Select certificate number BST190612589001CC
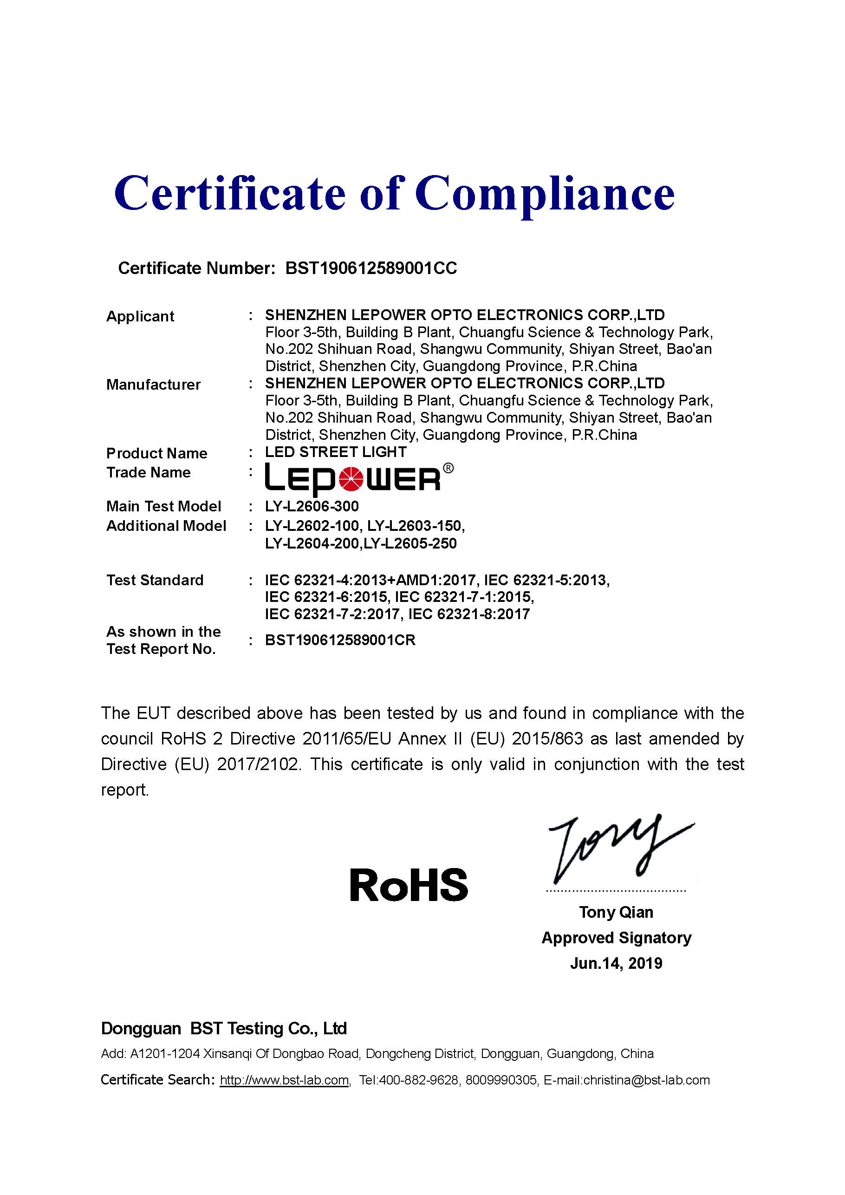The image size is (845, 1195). [371, 268]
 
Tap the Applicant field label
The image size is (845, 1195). [140, 316]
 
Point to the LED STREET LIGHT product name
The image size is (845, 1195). [336, 452]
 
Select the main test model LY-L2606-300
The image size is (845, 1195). [312, 506]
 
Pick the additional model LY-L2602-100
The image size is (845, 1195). [312, 526]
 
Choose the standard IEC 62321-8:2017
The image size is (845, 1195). [469, 614]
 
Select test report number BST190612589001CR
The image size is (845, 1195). [340, 640]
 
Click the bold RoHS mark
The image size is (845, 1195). [409, 885]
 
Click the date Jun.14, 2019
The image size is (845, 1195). [616, 963]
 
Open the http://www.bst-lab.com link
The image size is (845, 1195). [284, 1080]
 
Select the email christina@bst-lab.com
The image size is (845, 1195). [646, 1080]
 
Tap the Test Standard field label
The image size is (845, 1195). [155, 581]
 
